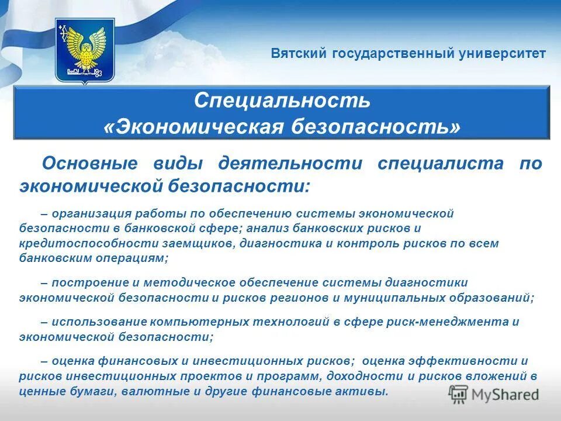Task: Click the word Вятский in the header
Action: click(x=299, y=54)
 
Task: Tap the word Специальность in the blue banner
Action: click(x=282, y=100)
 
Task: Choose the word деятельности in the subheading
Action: click(x=290, y=163)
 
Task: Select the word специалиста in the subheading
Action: click(x=440, y=163)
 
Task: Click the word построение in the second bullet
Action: click(x=82, y=283)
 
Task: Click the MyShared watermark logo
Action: click(x=494, y=395)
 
